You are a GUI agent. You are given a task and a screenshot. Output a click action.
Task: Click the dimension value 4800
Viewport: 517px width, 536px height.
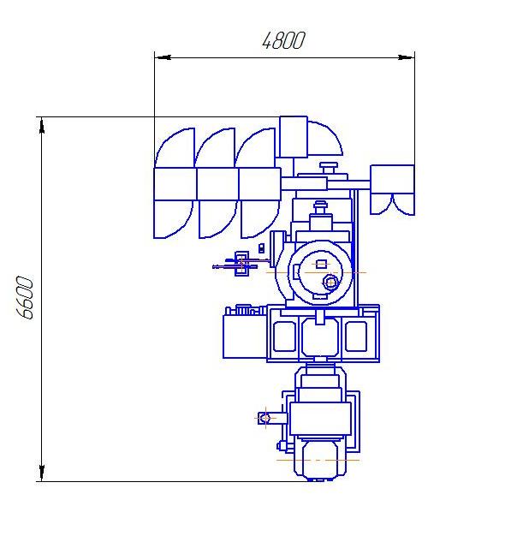coord(283,41)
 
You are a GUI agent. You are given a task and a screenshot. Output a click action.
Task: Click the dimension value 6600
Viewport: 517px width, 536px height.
coord(25,297)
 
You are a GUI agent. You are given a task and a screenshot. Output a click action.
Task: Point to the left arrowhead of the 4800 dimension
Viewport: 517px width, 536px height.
coord(163,57)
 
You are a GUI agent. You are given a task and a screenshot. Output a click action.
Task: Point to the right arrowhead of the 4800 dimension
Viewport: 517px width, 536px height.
coord(407,57)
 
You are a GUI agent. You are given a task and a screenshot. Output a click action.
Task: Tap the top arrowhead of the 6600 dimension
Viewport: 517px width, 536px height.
coord(42,126)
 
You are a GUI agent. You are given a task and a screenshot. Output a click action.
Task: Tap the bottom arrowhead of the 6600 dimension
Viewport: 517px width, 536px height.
coord(42,473)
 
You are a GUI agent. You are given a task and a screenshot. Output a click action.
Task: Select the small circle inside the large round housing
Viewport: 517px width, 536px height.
coord(330,283)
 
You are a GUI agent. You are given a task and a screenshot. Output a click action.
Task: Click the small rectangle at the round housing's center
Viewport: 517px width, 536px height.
coord(321,264)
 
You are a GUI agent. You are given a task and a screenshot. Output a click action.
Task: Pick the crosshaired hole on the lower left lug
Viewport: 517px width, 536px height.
coord(265,418)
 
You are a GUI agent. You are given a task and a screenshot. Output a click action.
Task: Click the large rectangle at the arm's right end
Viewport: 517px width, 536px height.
coord(392,180)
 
